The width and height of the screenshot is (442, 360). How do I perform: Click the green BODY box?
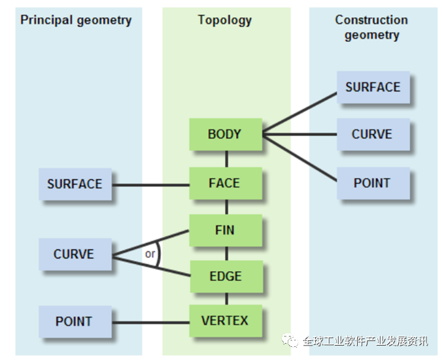coord(225,135)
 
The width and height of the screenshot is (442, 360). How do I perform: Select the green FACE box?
coord(225,184)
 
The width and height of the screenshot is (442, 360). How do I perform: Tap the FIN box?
coord(225,231)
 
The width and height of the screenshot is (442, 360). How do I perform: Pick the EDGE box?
coord(225,276)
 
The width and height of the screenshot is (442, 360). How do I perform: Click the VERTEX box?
coord(225,321)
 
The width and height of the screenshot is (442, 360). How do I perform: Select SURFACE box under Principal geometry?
coord(75,184)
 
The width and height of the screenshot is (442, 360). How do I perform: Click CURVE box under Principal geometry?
coord(74,254)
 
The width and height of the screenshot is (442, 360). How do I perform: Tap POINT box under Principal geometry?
coord(74,321)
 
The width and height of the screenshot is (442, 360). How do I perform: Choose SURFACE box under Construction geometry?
coord(373,88)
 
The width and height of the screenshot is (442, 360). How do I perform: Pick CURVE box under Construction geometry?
coord(373,135)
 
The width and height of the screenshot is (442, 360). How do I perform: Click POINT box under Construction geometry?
coord(373,184)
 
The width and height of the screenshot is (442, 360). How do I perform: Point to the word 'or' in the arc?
coord(150,254)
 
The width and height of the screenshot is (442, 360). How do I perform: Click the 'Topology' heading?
coord(225,20)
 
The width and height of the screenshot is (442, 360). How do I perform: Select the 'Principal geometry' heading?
coord(76,20)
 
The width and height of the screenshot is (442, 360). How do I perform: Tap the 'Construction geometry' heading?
coord(371,27)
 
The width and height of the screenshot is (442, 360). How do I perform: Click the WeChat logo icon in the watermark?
coord(290,340)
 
